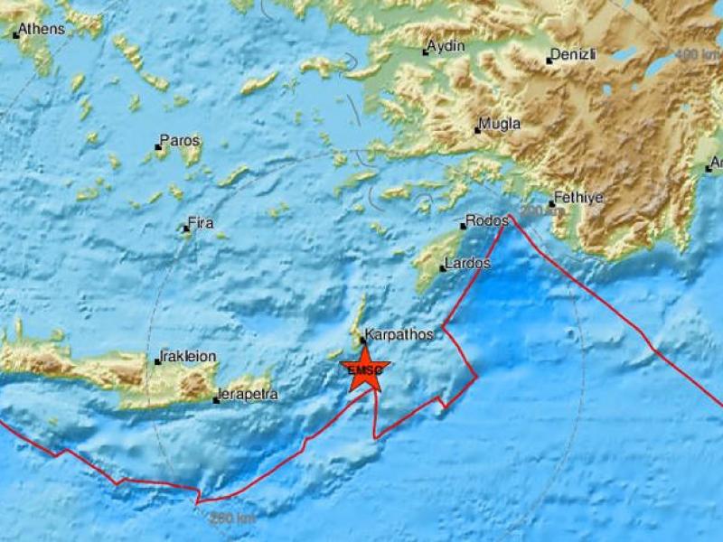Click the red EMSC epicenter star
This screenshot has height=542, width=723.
pos(366,371)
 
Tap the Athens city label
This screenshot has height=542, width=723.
pos(42,29)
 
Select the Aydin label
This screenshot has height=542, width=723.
pos(446,46)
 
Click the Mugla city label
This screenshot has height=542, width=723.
pos(501,125)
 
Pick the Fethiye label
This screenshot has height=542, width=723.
pos(580,198)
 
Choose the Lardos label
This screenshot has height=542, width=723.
pos(468,265)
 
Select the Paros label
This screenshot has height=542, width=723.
pos(180,141)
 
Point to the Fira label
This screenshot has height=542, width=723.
pos(200,222)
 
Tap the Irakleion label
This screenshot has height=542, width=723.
pos(188,356)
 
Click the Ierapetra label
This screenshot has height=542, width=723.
pos(247,395)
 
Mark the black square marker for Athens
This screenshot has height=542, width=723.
pos(16,35)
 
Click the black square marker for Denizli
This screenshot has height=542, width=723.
pos(549,61)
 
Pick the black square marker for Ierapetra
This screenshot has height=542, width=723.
pos(216,399)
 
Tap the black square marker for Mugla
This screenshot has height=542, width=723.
pos(478,130)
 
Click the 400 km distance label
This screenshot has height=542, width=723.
pos(695,54)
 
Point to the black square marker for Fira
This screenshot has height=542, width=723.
pos(186,228)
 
